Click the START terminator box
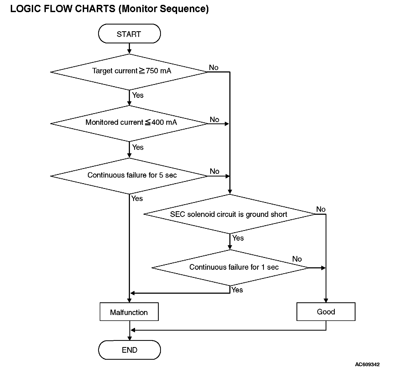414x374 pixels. (x=129, y=34)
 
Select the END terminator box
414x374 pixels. (x=129, y=350)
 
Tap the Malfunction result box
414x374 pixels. (x=129, y=312)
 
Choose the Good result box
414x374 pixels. (x=326, y=312)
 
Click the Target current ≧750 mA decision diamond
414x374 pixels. (x=129, y=72)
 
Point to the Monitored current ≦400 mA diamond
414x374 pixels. (x=129, y=124)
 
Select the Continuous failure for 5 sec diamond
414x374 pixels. (x=129, y=176)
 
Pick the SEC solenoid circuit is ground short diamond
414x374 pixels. (x=230, y=214)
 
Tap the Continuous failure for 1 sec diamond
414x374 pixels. (x=230, y=268)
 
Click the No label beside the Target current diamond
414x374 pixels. (x=214, y=68)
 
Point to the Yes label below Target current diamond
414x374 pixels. (x=138, y=95)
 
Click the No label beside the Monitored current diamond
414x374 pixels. (x=215, y=119)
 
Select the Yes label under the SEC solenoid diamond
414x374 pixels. (x=238, y=238)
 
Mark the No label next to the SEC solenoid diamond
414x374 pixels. (x=321, y=209)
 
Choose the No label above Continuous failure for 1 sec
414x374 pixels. (x=297, y=259)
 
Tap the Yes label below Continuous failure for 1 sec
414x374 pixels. (x=237, y=290)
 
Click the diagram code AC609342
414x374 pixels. (x=367, y=365)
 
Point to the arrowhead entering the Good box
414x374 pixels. (x=326, y=300)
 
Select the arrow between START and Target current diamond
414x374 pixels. (x=129, y=49)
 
